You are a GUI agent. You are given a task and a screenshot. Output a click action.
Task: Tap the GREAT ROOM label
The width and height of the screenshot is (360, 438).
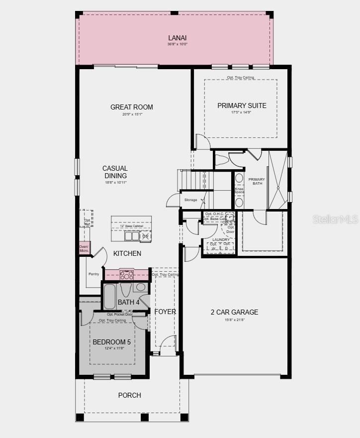pos(132,107)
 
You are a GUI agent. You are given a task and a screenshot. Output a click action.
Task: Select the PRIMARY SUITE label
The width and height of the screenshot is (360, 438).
pos(242,106)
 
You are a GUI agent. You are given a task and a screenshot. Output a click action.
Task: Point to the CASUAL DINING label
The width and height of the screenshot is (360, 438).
pos(115,172)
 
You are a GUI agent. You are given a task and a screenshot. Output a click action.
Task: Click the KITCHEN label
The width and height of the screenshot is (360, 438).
pos(127,253)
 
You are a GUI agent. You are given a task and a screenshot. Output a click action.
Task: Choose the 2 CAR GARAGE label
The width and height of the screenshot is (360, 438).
pos(234,312)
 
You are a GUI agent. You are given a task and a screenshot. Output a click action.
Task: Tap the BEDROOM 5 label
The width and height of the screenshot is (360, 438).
pos(112,342)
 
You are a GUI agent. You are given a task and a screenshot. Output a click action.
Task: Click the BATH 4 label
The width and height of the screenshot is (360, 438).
pos(129,302)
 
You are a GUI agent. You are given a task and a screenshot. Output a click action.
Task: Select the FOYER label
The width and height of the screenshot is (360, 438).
pos(165,312)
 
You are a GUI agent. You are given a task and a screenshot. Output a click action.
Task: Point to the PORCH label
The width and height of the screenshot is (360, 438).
pos(129,395)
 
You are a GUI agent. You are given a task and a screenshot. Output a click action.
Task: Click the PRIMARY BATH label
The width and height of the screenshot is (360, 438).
pos(257,182)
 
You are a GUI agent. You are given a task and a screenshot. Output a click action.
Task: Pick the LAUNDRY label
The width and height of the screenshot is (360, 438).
pos(221,240)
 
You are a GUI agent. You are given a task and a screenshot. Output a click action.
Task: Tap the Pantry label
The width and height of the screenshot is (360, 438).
pos(93,274)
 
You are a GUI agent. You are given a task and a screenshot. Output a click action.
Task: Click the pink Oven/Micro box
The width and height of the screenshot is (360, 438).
pos(84,248)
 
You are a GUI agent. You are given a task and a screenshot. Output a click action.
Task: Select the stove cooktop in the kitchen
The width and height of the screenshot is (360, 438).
pos(127,275)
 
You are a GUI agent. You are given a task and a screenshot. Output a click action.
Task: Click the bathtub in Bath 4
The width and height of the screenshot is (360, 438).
pos(109,297)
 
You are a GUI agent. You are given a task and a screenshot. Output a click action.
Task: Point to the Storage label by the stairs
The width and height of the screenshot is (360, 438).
pos(191,200)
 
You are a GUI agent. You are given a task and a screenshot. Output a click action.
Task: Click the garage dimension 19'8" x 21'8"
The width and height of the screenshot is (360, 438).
pos(234,319)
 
